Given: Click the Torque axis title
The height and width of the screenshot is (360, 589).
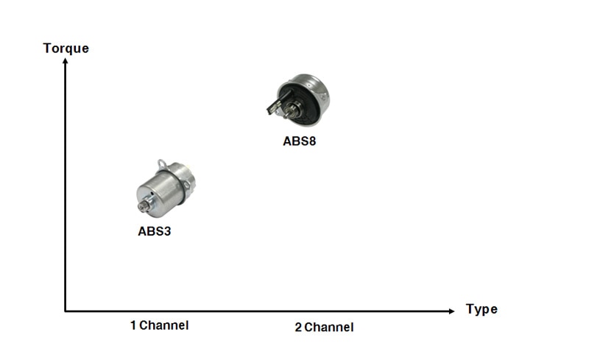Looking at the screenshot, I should coord(66,49).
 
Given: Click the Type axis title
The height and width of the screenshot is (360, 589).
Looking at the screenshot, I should coord(482,309).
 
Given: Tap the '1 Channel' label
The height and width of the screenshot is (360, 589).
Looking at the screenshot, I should coord(159,325).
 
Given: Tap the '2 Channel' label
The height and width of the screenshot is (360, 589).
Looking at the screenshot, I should coord(324,327).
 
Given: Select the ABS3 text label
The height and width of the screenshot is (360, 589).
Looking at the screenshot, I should coord(155,230).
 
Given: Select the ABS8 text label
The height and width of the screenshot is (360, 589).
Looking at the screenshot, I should coord(300,141).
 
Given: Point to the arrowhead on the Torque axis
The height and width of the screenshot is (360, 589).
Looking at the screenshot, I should coord(66,62).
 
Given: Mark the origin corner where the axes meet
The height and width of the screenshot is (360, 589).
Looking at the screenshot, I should coord(66,311).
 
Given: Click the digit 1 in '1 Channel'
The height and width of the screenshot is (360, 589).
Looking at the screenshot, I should coord(133,325).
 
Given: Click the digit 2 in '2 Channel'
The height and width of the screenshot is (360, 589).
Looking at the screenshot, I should coord(298,328).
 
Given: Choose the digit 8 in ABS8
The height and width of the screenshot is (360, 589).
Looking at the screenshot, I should coord(312,141).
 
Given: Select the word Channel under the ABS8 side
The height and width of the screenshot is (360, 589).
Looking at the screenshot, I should coord(329,327).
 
